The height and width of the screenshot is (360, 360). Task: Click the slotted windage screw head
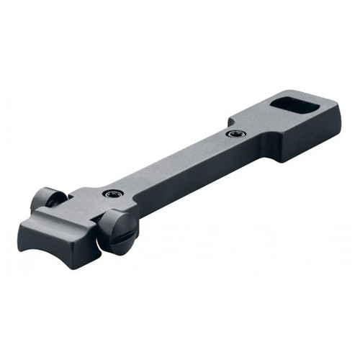pyautogui.click(x=116, y=232)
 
